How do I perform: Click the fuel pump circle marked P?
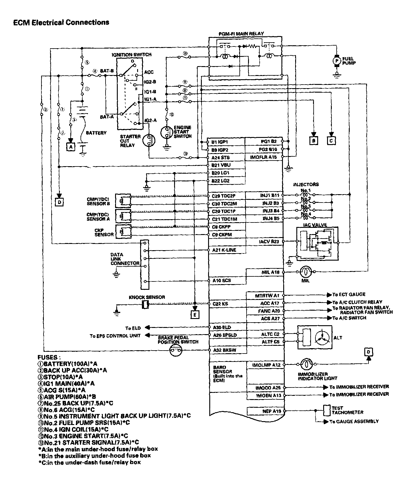336,61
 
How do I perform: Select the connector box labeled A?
71,147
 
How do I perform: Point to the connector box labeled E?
195,314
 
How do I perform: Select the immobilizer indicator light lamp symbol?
306,364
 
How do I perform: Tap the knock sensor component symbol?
145,304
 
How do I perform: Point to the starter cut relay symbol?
149,140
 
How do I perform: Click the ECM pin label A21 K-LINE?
224,250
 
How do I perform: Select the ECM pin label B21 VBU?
221,165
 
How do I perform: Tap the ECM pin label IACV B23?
269,242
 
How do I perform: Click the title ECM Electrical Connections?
61,22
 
